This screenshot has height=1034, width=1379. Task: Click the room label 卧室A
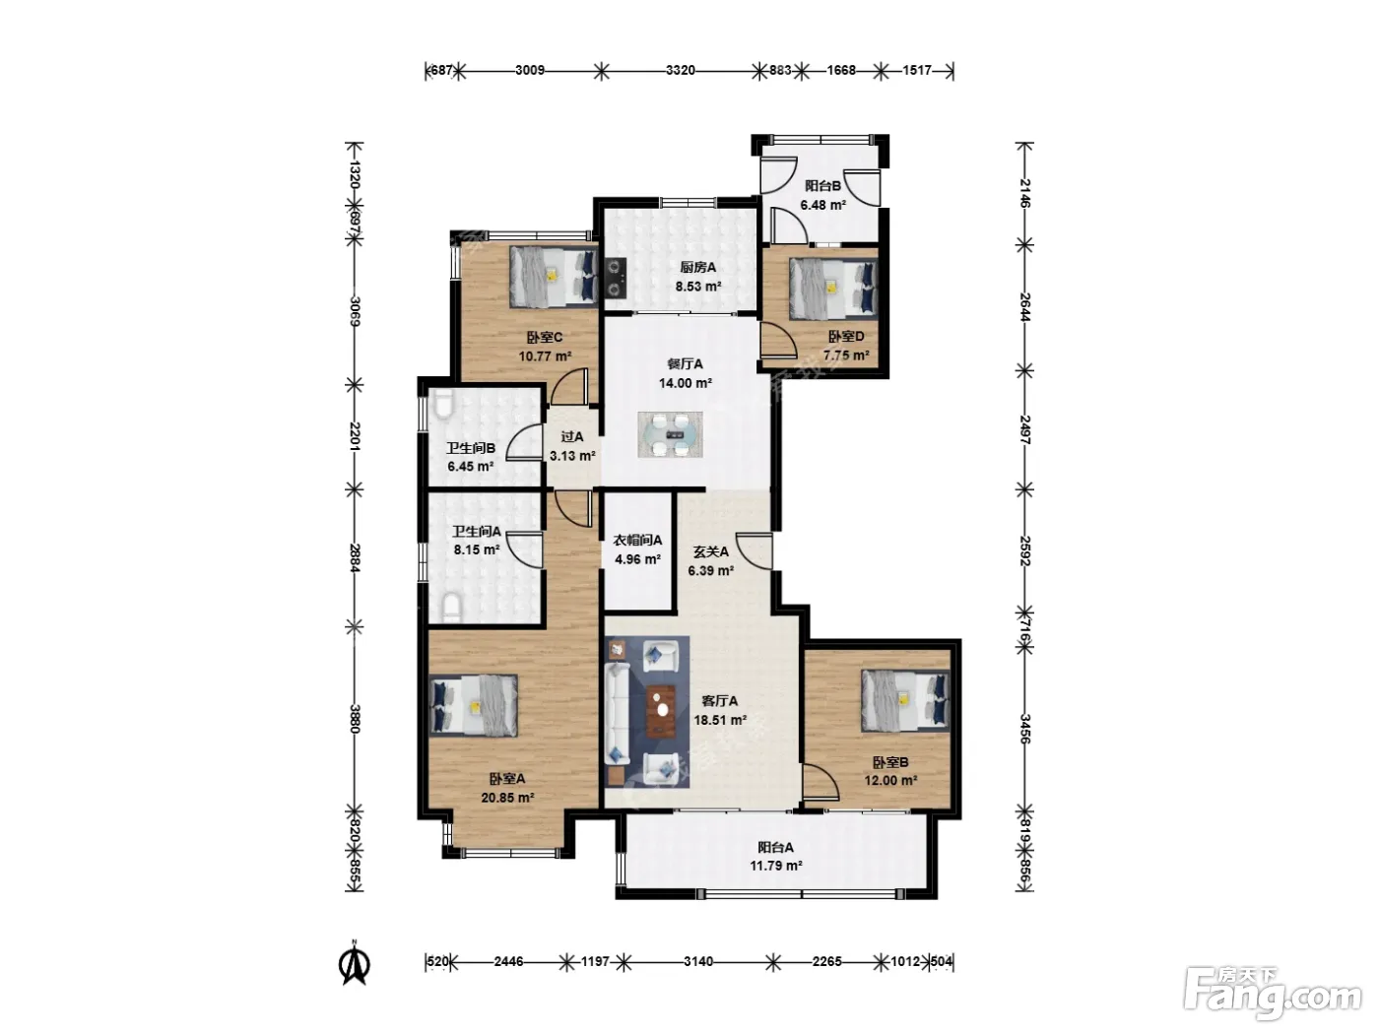(507, 779)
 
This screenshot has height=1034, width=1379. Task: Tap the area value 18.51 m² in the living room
(720, 720)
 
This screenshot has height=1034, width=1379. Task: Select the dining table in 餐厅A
(671, 434)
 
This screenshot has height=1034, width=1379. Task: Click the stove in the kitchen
(617, 278)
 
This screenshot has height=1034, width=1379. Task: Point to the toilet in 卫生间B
(443, 405)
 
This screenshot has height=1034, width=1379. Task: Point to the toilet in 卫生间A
(451, 607)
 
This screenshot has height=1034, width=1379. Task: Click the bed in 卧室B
(904, 700)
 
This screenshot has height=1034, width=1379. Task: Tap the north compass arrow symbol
(355, 963)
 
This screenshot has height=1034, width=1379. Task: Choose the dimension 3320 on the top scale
(681, 70)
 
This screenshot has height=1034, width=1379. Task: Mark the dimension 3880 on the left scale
(355, 719)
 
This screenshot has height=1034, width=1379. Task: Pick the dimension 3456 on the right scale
(1024, 729)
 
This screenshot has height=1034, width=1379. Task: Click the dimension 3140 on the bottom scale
(698, 961)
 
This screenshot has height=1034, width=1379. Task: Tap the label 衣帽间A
(637, 540)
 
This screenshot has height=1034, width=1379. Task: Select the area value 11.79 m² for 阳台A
(776, 866)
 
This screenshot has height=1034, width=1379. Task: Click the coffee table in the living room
(661, 711)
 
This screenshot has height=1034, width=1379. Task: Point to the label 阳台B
(823, 186)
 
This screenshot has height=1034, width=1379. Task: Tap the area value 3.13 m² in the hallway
(572, 456)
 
